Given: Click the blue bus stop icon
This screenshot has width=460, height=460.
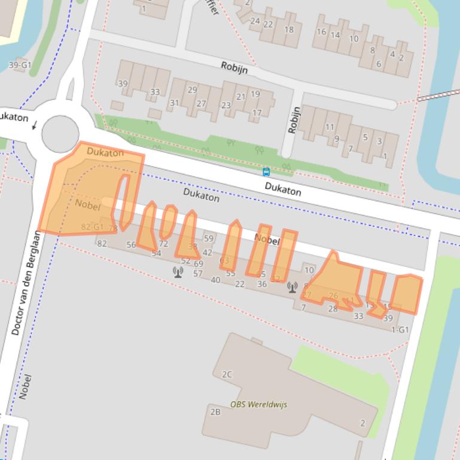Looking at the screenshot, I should click(266, 172).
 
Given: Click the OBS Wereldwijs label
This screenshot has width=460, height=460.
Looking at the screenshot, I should click(258, 404).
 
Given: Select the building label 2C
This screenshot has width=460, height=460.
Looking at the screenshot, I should click(227, 375).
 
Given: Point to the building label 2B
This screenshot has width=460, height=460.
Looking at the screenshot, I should click(215, 412).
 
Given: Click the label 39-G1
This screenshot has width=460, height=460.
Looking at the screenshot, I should click(20, 65).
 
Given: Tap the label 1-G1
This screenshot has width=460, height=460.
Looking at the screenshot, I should click(400, 330).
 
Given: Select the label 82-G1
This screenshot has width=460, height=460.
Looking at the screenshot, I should click(92, 227).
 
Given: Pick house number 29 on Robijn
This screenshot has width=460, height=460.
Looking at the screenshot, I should click(192, 90).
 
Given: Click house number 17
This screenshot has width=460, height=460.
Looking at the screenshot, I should click(257, 112).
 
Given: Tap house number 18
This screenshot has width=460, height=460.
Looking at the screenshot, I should click(290, 30).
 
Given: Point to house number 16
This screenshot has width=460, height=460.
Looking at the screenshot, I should click(321, 32).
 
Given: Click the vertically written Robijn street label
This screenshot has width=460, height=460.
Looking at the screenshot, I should click(293, 120).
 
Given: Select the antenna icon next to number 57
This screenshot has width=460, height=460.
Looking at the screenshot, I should click(178, 272).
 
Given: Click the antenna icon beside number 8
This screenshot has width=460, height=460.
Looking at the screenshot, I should click(292, 287).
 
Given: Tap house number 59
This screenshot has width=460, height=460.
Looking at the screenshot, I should click(208, 239).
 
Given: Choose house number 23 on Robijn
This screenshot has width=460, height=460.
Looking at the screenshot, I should click(226, 106).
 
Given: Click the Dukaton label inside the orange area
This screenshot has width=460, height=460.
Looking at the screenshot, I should click(105, 152).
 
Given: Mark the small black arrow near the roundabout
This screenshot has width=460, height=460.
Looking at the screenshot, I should click(35, 125).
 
